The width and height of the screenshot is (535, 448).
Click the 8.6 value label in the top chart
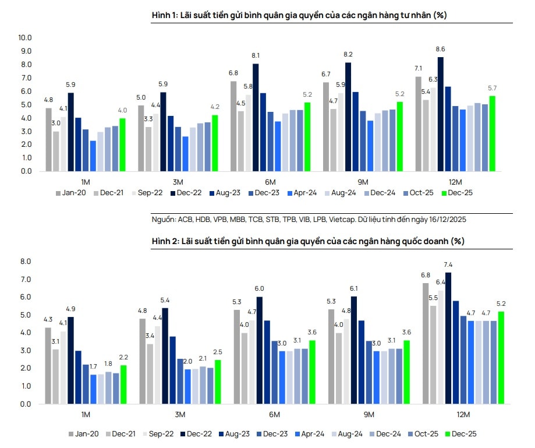(440, 50)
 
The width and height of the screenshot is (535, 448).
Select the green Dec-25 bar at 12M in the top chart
(493, 133)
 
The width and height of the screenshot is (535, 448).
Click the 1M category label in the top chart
(86, 182)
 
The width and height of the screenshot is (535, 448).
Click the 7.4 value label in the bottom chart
(448, 266)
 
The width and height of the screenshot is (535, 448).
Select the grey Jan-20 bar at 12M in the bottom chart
(426, 343)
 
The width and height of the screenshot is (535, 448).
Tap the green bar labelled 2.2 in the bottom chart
(123, 384)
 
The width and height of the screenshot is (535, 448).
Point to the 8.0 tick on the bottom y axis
(25, 262)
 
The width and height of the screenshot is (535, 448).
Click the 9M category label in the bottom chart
(369, 414)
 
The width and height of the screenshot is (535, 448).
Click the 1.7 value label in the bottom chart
(93, 368)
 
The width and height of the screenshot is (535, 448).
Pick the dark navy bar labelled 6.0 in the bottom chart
(260, 350)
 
